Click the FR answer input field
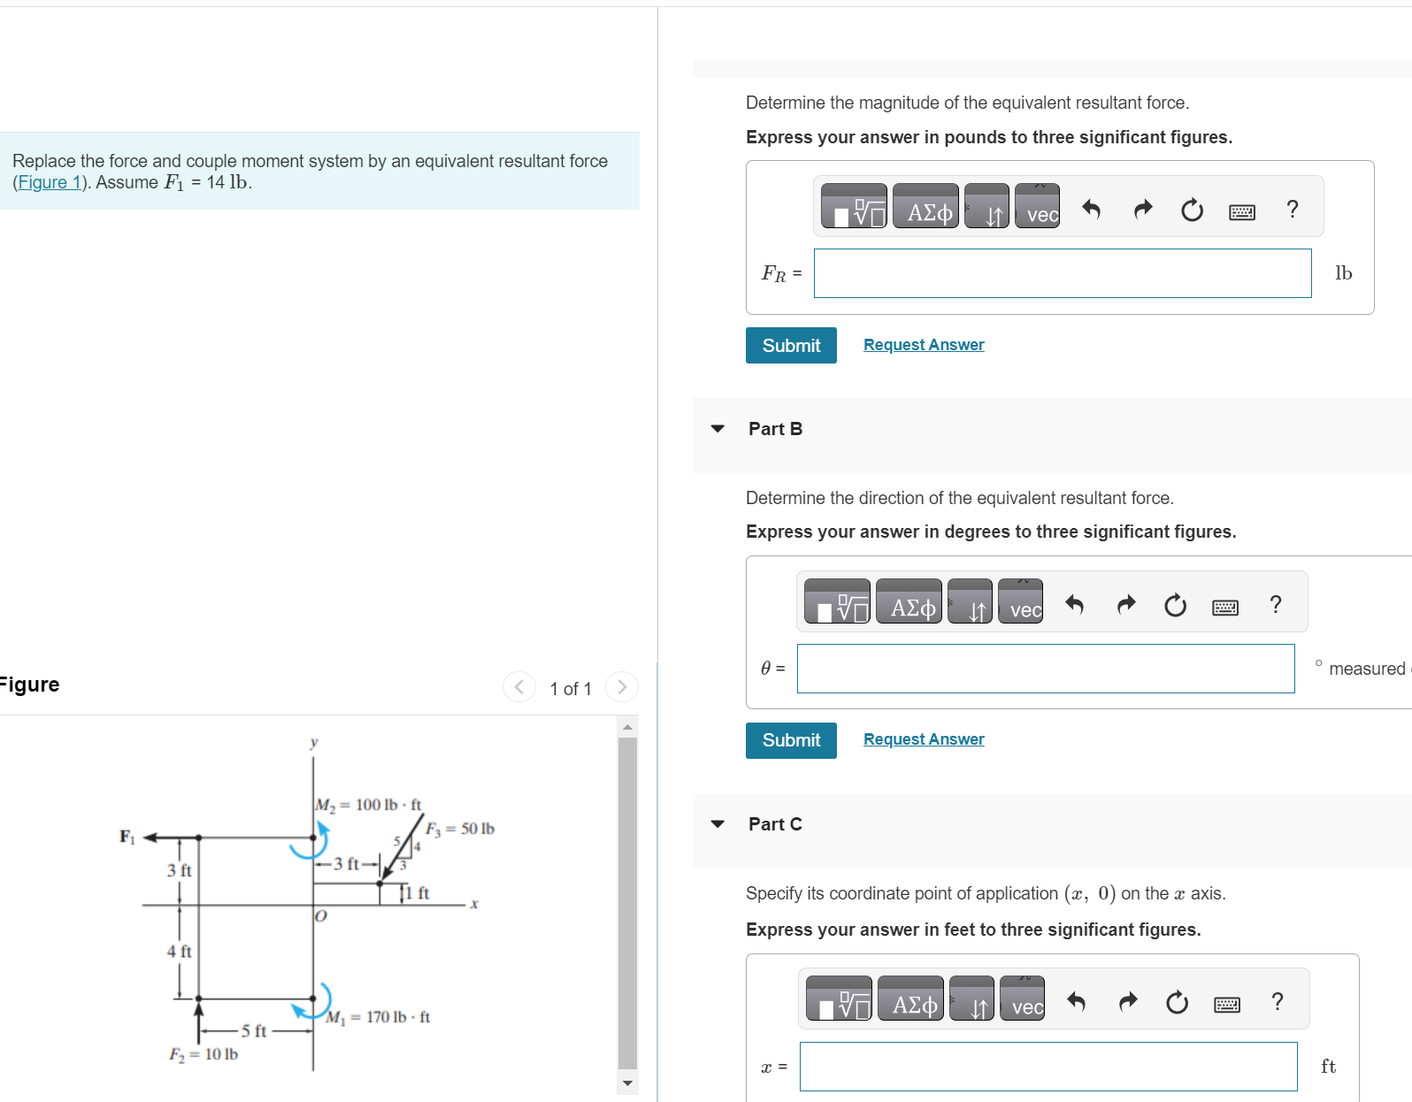(1062, 273)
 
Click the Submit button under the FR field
(791, 346)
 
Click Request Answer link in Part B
(924, 739)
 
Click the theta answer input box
(1045, 669)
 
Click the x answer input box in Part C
(1047, 1067)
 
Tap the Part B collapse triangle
(718, 429)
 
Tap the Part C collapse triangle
(718, 824)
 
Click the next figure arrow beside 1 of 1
(622, 687)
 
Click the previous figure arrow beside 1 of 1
(519, 687)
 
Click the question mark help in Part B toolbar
(1275, 605)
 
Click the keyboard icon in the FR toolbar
(1241, 211)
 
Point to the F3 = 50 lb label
(460, 829)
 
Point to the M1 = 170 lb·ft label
(378, 1017)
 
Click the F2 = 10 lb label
(203, 1054)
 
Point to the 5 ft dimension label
(254, 1031)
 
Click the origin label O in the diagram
(321, 916)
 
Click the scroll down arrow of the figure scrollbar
(627, 1083)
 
